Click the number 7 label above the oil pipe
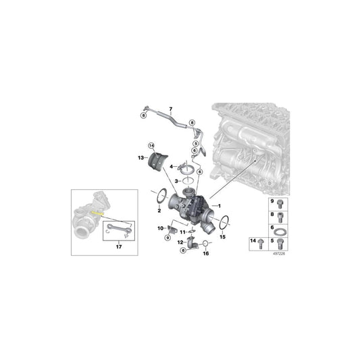(171, 109)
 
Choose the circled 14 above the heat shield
(151, 145)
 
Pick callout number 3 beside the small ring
(176, 182)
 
